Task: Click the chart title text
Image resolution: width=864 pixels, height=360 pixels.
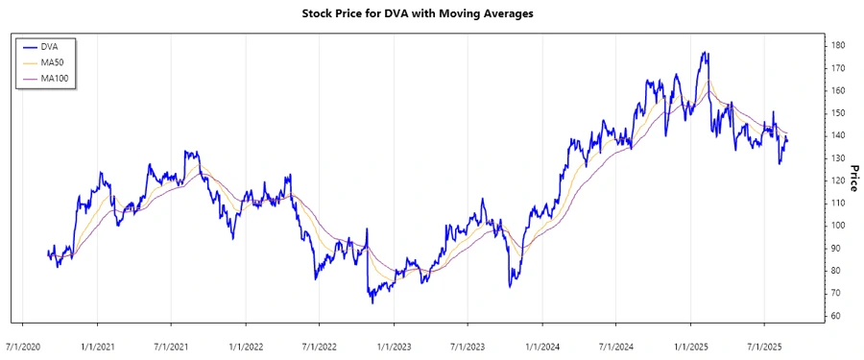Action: click(431, 13)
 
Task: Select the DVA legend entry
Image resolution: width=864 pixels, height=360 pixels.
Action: click(50, 46)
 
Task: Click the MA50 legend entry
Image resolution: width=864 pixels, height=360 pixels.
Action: click(53, 62)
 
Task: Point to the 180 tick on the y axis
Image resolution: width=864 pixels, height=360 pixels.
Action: click(838, 45)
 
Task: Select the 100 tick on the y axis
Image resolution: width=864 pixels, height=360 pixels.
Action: click(838, 226)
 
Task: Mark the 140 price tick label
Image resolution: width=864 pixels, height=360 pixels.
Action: click(838, 135)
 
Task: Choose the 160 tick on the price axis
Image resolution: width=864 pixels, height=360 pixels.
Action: click(838, 90)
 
